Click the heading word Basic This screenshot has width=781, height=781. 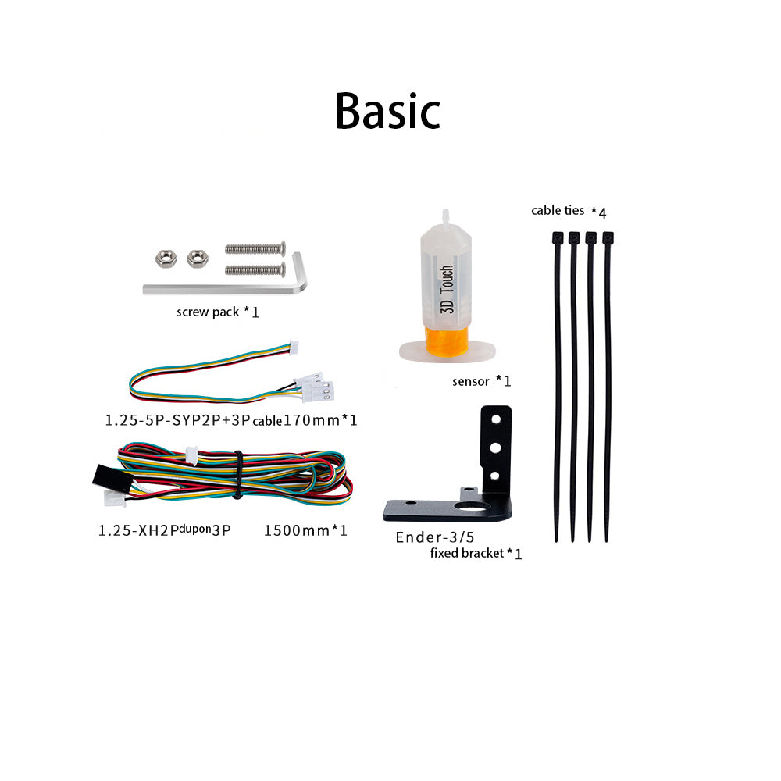point(387,111)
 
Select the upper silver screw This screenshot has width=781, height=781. point(254,249)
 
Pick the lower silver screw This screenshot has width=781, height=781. point(254,269)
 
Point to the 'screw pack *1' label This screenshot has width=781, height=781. point(217,312)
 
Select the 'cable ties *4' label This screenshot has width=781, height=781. point(569,211)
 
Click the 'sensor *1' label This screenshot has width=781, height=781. point(481,381)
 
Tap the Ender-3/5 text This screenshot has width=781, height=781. point(434,537)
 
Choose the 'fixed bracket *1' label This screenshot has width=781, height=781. point(476,554)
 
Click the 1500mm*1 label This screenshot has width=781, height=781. point(305,531)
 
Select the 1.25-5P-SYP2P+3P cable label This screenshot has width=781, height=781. point(231,420)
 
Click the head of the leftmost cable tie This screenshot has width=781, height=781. point(557,237)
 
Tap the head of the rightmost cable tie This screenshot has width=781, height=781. point(608,237)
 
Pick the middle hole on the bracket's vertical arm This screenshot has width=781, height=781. point(494,448)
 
